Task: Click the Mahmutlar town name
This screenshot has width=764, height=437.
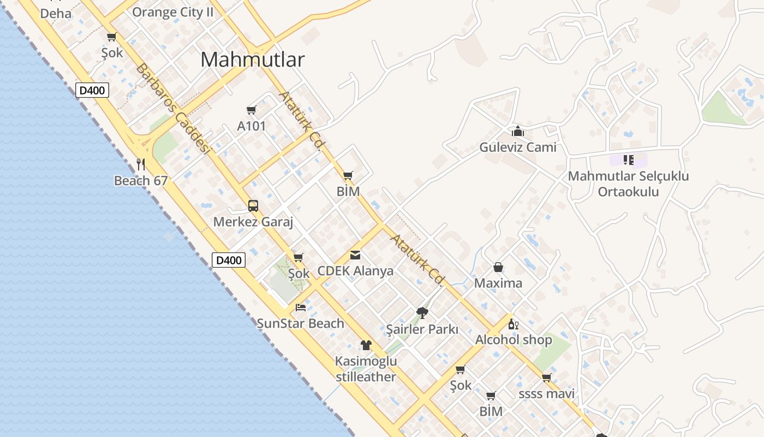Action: pyautogui.click(x=252, y=60)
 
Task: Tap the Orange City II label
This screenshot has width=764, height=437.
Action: pyautogui.click(x=172, y=12)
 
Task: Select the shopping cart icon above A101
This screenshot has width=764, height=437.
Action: pyautogui.click(x=252, y=110)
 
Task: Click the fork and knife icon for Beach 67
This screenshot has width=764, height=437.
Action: pyautogui.click(x=140, y=164)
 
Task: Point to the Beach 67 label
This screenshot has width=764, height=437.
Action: pyautogui.click(x=140, y=180)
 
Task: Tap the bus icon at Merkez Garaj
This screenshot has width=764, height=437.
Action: pyautogui.click(x=253, y=206)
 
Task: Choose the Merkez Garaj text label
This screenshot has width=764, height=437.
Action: pyautogui.click(x=253, y=222)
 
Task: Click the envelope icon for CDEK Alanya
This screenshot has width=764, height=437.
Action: pyautogui.click(x=355, y=255)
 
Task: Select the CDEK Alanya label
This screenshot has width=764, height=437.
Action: pyautogui.click(x=355, y=271)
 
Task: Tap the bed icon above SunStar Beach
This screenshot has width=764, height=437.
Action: pyautogui.click(x=301, y=308)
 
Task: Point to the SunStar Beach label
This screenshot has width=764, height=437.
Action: pyautogui.click(x=301, y=323)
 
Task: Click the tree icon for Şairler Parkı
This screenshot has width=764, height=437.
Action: pyautogui.click(x=422, y=313)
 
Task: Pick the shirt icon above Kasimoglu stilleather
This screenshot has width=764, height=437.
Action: pyautogui.click(x=366, y=345)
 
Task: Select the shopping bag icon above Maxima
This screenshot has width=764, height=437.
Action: pyautogui.click(x=498, y=267)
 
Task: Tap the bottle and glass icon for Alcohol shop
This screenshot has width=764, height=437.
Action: pyautogui.click(x=513, y=324)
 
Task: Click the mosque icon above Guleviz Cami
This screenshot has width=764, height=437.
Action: pyautogui.click(x=518, y=131)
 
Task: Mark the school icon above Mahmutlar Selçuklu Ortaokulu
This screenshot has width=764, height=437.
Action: pyautogui.click(x=628, y=160)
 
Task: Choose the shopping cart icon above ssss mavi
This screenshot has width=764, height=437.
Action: pyautogui.click(x=547, y=378)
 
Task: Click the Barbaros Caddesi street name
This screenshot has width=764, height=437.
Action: pyautogui.click(x=172, y=109)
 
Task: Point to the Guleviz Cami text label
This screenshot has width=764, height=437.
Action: pyautogui.click(x=518, y=147)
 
